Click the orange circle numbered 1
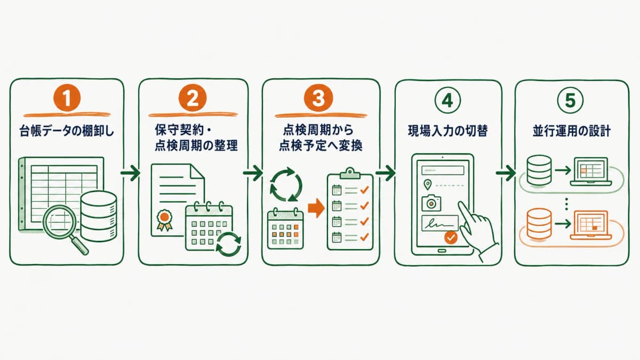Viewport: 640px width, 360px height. [67, 98]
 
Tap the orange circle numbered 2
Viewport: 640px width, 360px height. [193, 98]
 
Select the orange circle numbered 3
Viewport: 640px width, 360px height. [318, 98]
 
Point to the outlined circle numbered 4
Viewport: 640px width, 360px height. [447, 100]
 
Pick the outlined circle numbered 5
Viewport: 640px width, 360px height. [570, 100]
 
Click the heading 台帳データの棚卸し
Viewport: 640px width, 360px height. [67, 132]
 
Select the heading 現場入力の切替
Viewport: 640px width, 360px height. [447, 131]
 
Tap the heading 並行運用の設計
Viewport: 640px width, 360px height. [571, 131]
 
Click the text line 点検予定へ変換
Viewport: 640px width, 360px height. [321, 146]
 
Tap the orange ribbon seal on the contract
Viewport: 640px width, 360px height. [164, 220]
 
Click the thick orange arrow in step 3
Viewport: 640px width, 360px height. [316, 208]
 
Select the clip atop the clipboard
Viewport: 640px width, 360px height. [350, 173]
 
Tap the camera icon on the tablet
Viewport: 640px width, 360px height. [431, 203]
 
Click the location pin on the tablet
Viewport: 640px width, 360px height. [427, 185]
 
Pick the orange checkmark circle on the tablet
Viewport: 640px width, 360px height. [451, 237]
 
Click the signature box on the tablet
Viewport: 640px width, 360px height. [439, 223]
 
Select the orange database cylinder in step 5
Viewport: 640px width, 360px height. [539, 224]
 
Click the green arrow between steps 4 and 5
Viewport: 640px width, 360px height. [506, 173]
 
